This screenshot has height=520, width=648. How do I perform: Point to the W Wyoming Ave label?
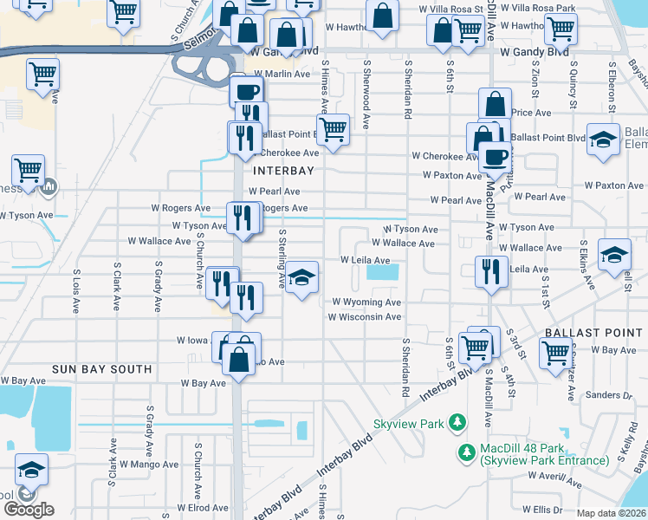point(366,302)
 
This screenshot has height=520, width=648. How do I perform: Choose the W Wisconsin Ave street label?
point(364,317)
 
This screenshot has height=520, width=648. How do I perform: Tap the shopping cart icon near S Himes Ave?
point(333,130)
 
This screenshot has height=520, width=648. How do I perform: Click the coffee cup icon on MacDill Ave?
point(496,157)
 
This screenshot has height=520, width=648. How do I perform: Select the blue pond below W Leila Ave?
point(383,272)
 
